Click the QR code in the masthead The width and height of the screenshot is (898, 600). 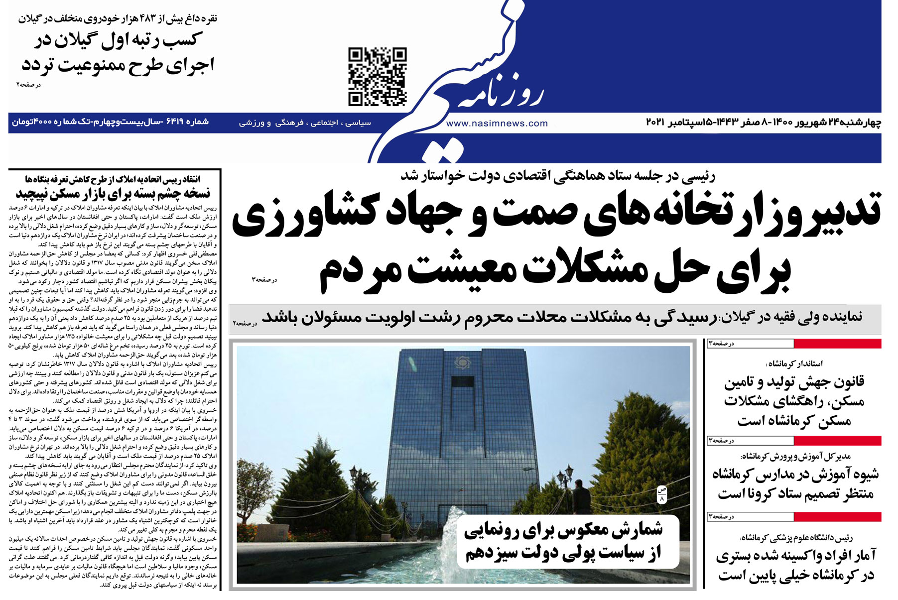pyautogui.click(x=377, y=77)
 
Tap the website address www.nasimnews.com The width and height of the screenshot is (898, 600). pyautogui.click(x=497, y=123)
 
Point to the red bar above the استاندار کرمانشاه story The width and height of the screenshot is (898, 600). pyautogui.click(x=837, y=344)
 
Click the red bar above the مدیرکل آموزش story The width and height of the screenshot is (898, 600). pyautogui.click(x=837, y=441)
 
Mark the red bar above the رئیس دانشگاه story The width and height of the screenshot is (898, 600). pyautogui.click(x=837, y=517)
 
